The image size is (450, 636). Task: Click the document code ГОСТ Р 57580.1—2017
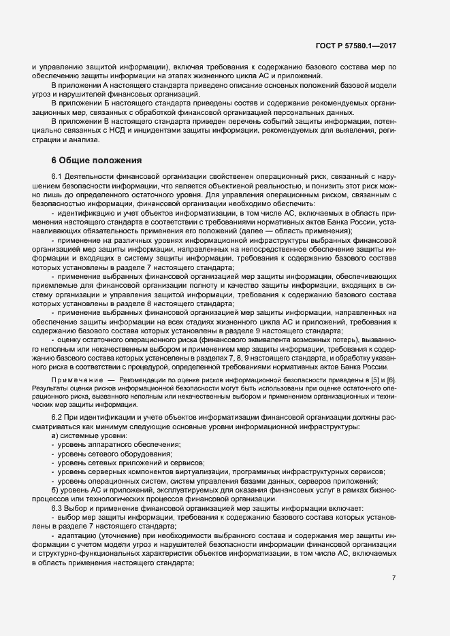point(356,46)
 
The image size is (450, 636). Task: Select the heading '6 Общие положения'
point(97,161)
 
